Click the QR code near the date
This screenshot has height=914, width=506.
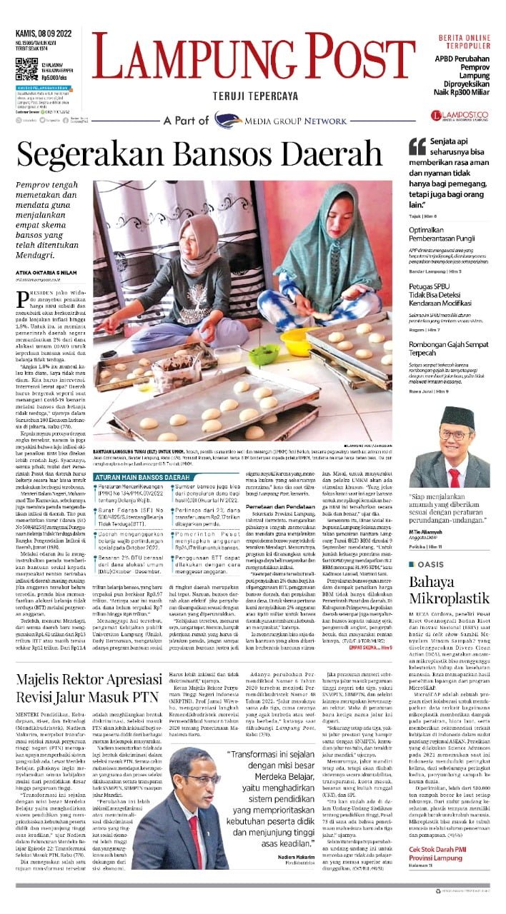(26, 70)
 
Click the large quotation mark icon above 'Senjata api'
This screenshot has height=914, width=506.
(417, 146)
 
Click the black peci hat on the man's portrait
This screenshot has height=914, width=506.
(457, 416)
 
